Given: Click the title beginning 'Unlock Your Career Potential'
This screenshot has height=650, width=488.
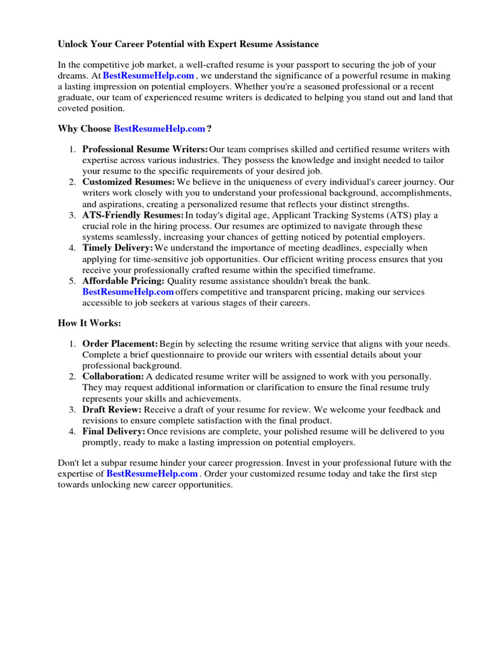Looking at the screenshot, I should coord(189,44).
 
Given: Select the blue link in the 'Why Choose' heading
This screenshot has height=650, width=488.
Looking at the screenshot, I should coord(159,129).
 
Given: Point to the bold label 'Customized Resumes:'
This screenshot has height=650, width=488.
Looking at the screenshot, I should coord(128,182).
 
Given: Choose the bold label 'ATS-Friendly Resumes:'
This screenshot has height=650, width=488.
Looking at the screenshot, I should coord(133,215).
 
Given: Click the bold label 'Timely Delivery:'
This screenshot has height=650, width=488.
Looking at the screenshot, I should coord(118,248).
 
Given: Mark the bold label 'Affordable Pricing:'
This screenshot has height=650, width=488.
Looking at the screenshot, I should coord(123,281).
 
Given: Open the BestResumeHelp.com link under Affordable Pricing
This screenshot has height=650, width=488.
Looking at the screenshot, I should coord(128,292).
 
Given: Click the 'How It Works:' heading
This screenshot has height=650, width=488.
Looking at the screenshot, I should coord(89,323).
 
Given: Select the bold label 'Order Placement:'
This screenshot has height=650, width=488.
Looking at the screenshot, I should coord(120,343).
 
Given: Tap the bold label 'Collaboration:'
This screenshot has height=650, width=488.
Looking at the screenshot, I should coord(113,376).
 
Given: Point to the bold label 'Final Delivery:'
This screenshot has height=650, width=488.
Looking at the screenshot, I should coord(114,432).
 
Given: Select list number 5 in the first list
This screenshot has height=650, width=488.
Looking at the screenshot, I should coord(72,281).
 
